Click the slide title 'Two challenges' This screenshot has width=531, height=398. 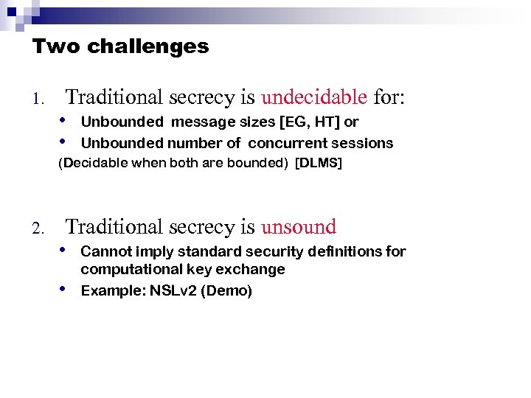pyautogui.click(x=120, y=47)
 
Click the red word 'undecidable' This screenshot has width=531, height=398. pyautogui.click(x=314, y=97)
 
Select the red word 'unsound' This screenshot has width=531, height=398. pyautogui.click(x=298, y=227)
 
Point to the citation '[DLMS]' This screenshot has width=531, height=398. pyautogui.click(x=319, y=164)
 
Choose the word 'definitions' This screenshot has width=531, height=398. pyautogui.click(x=346, y=252)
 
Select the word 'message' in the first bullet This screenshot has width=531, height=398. pyautogui.click(x=193, y=122)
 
